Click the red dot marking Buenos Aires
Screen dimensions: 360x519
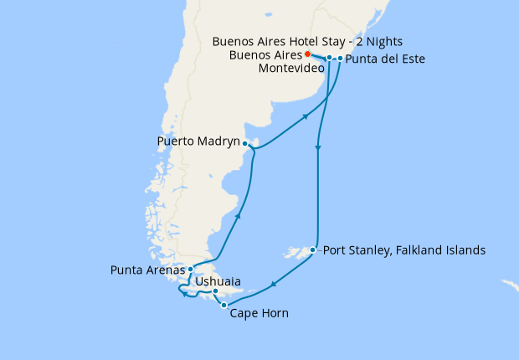click(307, 54)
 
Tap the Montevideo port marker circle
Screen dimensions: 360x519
click(329, 58)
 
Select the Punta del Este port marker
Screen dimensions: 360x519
click(340, 59)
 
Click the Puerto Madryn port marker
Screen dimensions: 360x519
click(244, 143)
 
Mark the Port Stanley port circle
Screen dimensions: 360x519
click(312, 249)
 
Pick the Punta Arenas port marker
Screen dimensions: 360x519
click(191, 269)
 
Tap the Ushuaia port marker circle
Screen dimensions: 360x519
click(216, 291)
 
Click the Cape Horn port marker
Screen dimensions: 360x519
click(224, 306)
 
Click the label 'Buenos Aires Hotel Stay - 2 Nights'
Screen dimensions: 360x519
click(307, 41)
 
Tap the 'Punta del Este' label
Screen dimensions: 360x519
click(384, 59)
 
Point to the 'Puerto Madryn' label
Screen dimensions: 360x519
click(198, 141)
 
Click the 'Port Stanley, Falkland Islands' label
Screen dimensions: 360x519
click(403, 249)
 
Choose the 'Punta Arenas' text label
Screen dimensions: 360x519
click(147, 270)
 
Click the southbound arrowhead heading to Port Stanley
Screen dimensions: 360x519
click(318, 150)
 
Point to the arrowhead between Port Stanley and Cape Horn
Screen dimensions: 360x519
click(273, 287)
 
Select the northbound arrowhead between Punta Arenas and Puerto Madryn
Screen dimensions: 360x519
click(238, 217)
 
